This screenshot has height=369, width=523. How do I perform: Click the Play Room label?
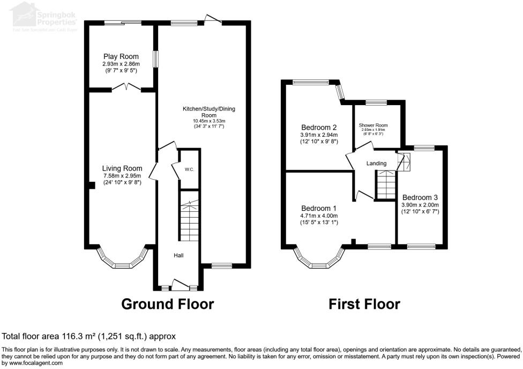[x=121, y=56]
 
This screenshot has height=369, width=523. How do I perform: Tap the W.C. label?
[x=189, y=169]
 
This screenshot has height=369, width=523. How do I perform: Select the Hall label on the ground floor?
[x=178, y=255]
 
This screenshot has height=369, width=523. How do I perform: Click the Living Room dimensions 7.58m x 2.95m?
[x=122, y=175]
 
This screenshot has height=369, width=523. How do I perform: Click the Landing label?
[x=376, y=164]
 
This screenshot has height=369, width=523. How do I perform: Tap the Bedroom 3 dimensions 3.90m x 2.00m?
[x=420, y=204]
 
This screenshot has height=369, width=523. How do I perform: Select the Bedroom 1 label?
[x=319, y=209]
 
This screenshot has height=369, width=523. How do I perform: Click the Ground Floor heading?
[x=168, y=304]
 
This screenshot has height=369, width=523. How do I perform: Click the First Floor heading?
[x=364, y=304]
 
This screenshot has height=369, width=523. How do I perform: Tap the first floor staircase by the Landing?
[x=384, y=184]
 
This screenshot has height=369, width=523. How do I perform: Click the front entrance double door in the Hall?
[x=179, y=284]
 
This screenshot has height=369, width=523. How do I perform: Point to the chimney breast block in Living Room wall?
[x=92, y=185]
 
